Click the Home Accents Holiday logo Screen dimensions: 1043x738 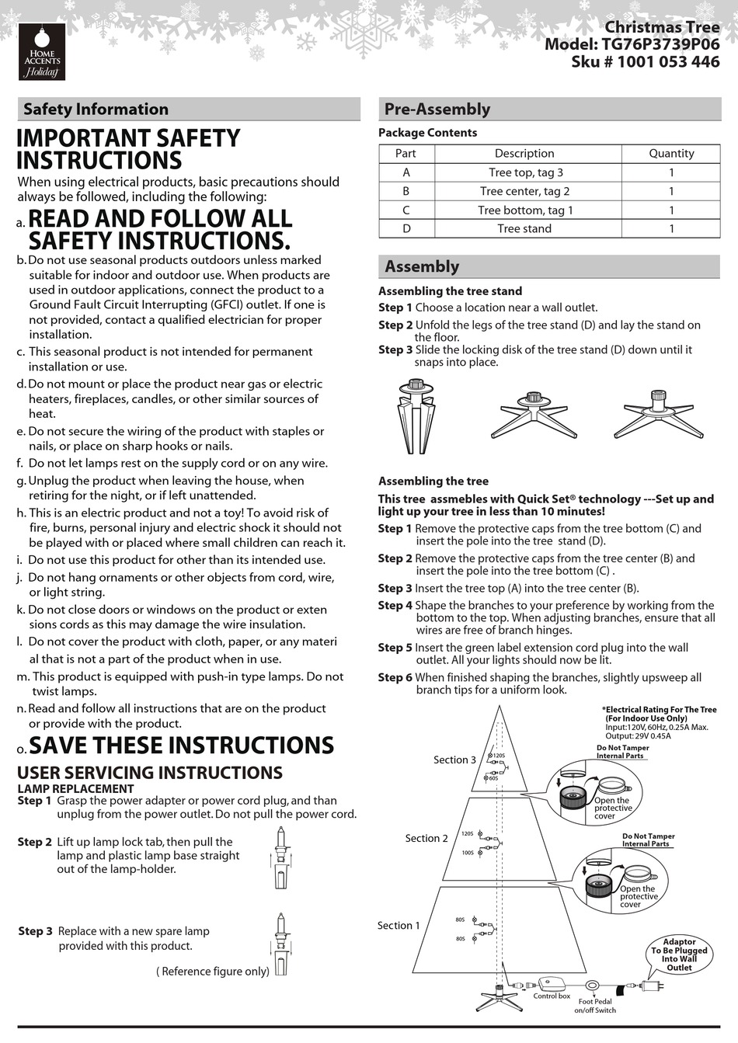coord(42,52)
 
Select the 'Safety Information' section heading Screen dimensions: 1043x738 coord(96,110)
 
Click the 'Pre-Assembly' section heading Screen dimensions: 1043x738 coord(437,110)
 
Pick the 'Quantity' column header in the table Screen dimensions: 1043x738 coord(671,154)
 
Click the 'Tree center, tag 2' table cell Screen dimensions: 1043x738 coord(524,191)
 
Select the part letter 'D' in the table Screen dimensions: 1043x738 coord(406,228)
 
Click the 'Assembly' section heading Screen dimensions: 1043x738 coord(422,266)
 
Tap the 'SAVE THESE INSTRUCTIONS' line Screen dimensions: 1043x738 coord(181,746)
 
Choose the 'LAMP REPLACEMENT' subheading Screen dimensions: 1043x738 coord(75,788)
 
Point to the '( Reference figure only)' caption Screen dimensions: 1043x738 coord(213,971)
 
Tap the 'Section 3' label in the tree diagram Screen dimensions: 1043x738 coord(454,760)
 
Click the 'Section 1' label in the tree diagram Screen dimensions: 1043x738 coord(399,925)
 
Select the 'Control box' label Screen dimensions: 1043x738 coord(552,996)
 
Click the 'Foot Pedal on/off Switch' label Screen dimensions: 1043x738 coord(595,1006)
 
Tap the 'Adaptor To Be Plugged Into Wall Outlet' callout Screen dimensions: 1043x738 coord(679,954)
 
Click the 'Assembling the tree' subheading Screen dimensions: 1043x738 coord(433,481)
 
